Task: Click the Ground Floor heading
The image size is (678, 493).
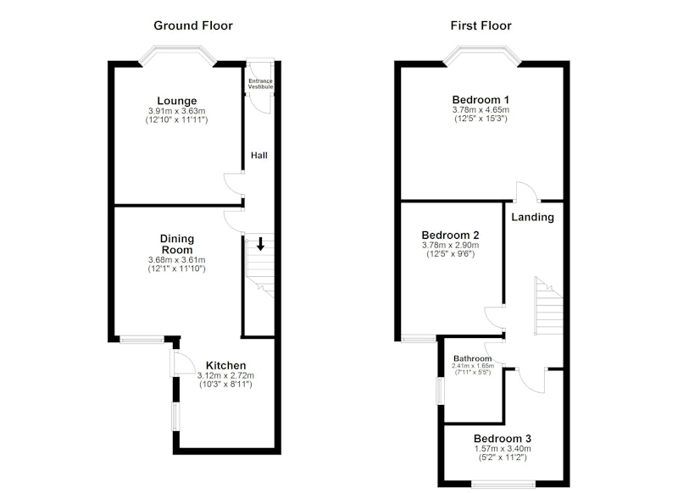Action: click(x=193, y=25)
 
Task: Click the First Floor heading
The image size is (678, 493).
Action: click(x=481, y=25)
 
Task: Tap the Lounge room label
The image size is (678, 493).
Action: click(x=177, y=101)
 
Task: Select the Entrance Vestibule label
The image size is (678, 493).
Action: click(x=260, y=84)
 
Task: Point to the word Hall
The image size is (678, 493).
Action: click(x=259, y=155)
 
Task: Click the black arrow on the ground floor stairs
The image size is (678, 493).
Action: click(x=260, y=244)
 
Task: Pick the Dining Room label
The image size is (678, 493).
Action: click(x=177, y=244)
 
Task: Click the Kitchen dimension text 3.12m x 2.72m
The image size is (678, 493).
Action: click(x=225, y=375)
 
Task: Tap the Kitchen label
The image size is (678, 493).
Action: click(x=225, y=365)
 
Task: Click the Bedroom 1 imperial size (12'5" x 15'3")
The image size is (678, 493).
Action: click(x=481, y=119)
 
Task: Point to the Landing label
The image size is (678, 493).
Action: click(x=532, y=217)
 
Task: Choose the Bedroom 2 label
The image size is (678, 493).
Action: click(x=450, y=235)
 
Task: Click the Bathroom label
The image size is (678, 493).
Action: click(x=472, y=358)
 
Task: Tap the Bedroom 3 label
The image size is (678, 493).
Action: click(x=503, y=439)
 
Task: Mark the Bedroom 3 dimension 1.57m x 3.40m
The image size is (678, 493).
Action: click(x=503, y=449)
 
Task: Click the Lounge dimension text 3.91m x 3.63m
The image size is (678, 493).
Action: click(x=177, y=111)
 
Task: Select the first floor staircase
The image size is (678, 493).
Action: click(x=548, y=306)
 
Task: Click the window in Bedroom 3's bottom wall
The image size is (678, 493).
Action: click(x=503, y=484)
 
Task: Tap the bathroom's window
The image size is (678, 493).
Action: click(x=440, y=391)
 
